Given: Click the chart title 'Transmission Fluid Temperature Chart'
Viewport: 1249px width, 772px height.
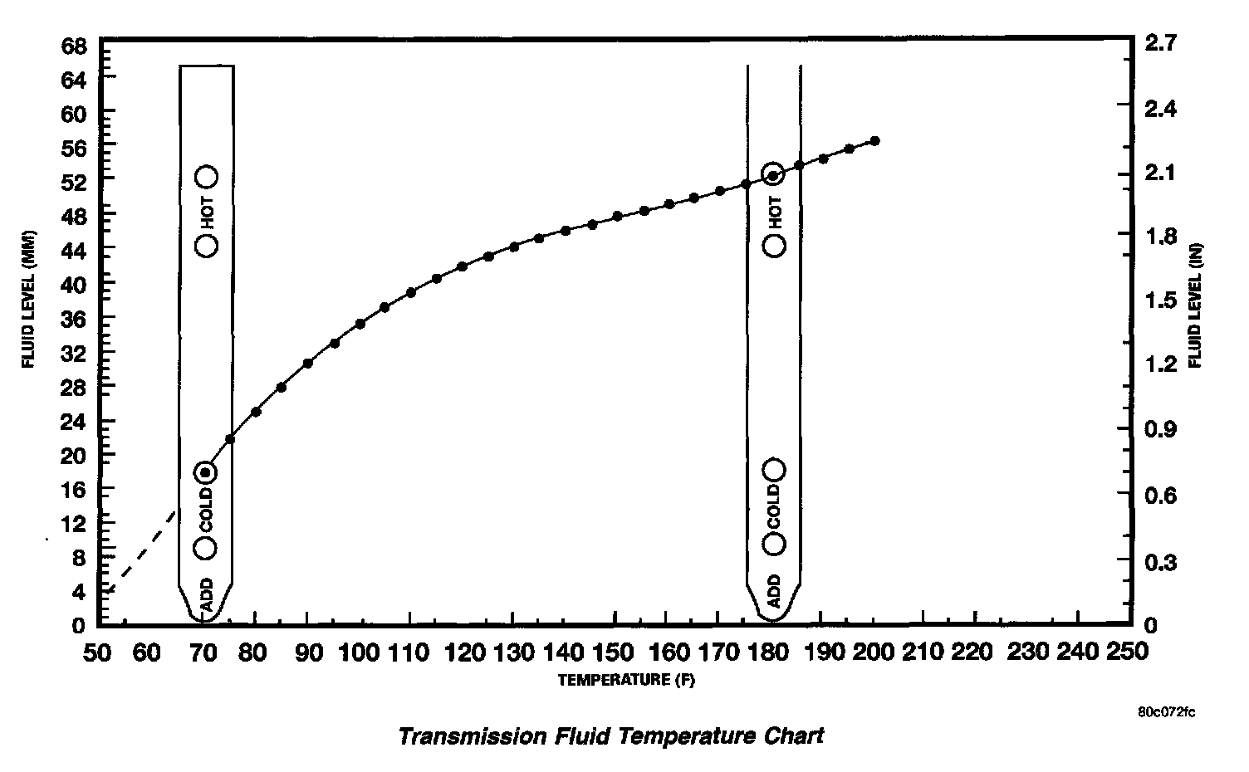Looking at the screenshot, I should (611, 736).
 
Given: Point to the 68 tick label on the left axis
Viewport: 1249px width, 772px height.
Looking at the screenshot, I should (75, 46).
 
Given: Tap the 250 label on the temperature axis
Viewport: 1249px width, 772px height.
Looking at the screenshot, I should (1127, 652).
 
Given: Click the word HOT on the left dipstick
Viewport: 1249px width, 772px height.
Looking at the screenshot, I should (207, 211).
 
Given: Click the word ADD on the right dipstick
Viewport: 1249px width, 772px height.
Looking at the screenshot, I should (774, 590).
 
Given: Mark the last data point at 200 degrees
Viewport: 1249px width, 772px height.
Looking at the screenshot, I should (874, 140).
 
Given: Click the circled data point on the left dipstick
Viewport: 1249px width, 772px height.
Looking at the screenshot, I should (205, 472).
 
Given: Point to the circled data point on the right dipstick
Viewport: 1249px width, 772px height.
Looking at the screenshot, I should (773, 175).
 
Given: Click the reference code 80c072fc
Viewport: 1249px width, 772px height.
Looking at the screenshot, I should (1167, 712).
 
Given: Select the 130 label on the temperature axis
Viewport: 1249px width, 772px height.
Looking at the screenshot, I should (513, 652).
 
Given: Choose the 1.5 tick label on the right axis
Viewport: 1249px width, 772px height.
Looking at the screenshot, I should (1160, 300).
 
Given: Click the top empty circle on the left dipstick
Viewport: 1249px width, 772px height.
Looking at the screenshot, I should (206, 176).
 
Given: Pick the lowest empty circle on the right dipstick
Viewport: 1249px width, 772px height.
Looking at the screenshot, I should (774, 544).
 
